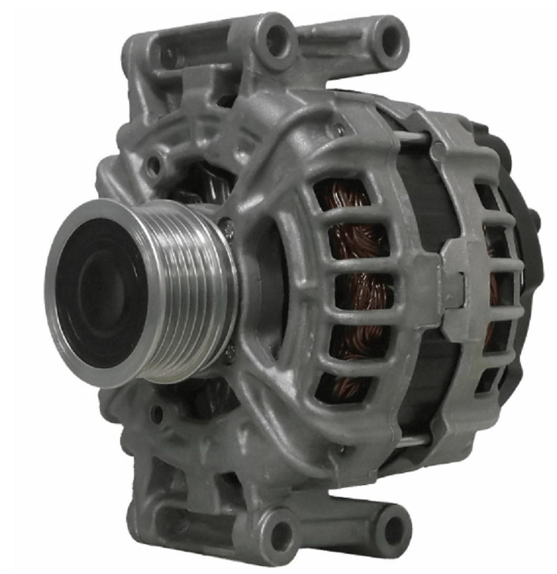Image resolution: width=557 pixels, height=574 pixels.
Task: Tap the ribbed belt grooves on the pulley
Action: tap(196, 287)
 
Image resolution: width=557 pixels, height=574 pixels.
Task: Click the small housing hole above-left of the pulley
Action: tap(154, 165)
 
